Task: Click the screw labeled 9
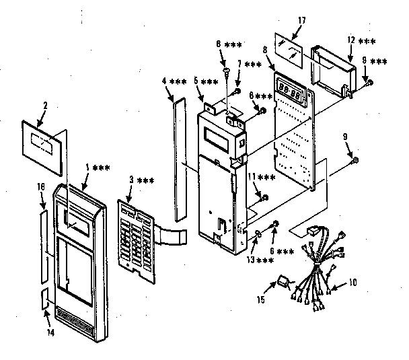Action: pyautogui.click(x=355, y=159)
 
